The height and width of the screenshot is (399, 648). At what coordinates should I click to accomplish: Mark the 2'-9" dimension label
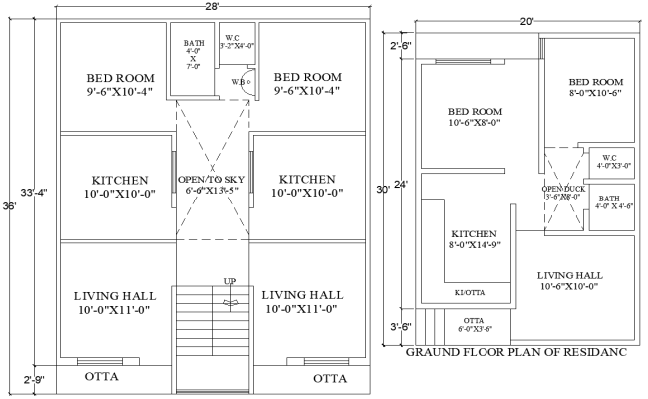click(33, 379)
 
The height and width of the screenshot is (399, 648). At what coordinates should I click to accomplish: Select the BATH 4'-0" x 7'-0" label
click(194, 55)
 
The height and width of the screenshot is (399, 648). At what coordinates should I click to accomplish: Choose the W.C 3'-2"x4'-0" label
click(237, 41)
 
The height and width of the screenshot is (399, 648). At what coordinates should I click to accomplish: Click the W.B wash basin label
click(239, 81)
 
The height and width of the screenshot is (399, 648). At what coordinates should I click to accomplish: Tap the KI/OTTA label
click(469, 293)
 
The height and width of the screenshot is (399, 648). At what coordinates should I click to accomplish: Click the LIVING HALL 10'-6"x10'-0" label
click(568, 280)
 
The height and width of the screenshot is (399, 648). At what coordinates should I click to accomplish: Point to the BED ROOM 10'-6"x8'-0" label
click(473, 118)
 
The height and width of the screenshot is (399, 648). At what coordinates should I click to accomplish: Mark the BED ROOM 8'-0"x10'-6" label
click(596, 88)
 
